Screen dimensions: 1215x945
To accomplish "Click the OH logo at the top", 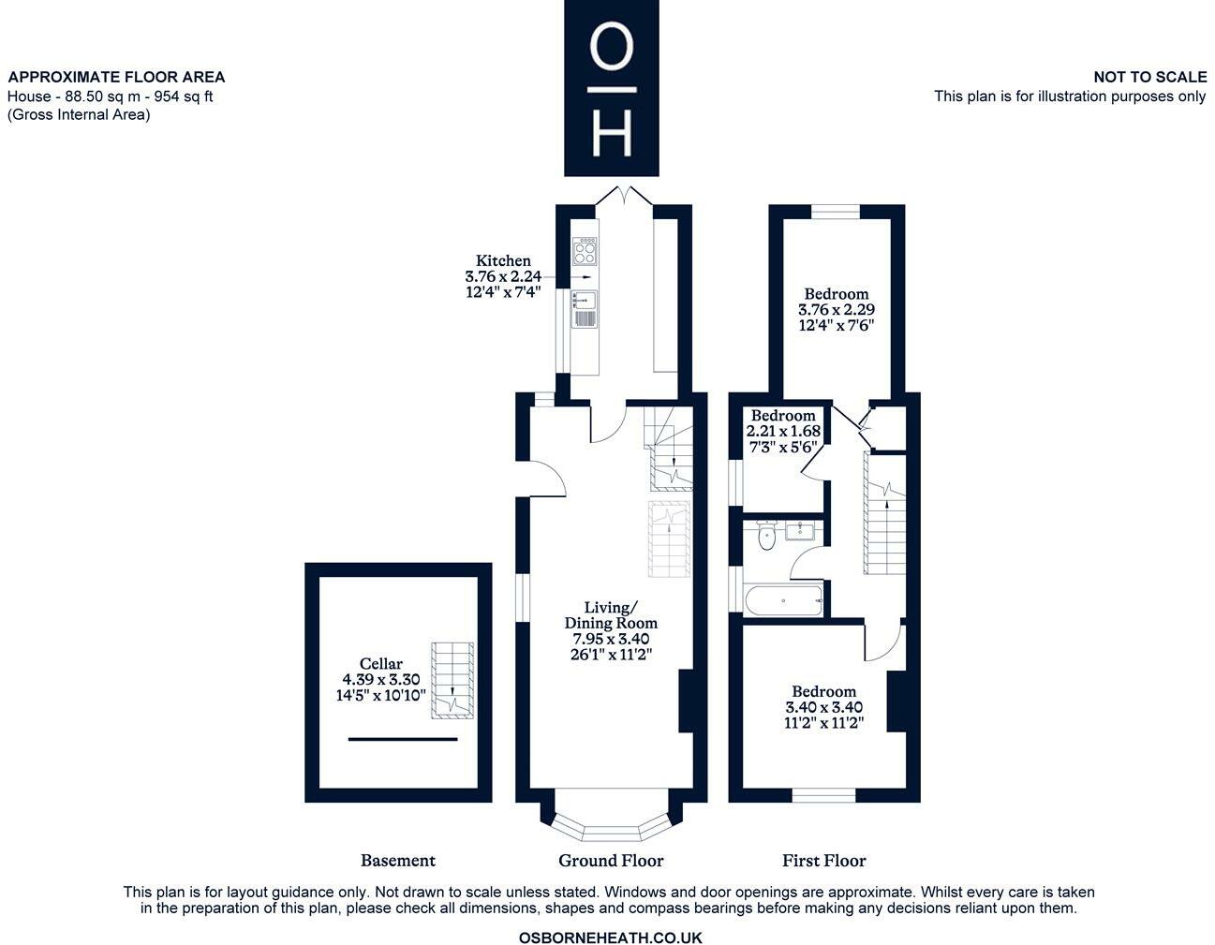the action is pos(611,88).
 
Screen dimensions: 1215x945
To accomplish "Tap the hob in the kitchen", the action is pos(585,251).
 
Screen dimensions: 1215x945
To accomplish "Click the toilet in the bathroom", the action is pos(766,536).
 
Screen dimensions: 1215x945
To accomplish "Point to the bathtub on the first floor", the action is pos(783,600).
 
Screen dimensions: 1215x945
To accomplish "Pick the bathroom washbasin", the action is pos(801,530).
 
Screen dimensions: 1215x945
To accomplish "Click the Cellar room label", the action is pos(380,663).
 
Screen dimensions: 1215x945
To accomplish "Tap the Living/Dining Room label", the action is pos(611,614).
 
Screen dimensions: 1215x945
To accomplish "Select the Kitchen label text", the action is pos(503,260).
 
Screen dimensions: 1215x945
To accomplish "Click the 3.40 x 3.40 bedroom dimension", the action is pos(823,707).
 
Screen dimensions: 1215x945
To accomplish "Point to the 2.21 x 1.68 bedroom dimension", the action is pos(783,431).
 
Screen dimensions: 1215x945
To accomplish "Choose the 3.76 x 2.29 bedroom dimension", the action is pos(836,309).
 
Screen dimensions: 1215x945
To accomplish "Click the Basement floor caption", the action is pos(397,860).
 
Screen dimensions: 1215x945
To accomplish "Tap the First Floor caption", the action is pos(823,860).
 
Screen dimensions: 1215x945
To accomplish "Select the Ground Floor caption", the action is pos(611,860).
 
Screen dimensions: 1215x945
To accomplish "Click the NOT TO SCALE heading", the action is pos(1149,77).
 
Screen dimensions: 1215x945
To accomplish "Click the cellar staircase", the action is pos(452,680).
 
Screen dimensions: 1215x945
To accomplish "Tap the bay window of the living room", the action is pos(611,819).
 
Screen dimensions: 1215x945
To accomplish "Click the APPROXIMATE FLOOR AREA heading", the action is pos(116,77).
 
